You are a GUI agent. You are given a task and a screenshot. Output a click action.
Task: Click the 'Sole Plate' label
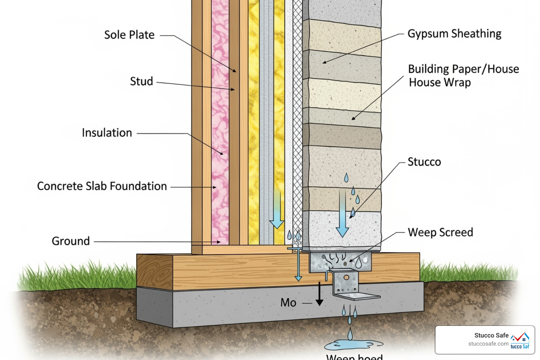[x=129, y=35]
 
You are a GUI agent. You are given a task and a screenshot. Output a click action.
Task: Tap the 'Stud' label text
[x=141, y=81]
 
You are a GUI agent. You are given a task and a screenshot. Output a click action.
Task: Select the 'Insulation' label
[x=107, y=133]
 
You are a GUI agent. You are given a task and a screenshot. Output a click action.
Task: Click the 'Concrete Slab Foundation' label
[x=102, y=186]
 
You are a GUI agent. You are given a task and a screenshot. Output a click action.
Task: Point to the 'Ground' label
[x=71, y=241]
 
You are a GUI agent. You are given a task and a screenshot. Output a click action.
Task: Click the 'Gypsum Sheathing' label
[x=454, y=34]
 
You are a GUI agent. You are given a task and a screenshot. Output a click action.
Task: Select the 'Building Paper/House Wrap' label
[x=463, y=76]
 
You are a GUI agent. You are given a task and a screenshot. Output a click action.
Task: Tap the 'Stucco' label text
[x=424, y=162]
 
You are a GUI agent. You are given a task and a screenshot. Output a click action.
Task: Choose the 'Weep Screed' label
[x=440, y=232]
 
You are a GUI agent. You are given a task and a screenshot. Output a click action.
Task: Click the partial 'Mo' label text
[x=288, y=303]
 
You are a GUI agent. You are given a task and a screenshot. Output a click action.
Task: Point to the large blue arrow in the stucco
[x=342, y=214]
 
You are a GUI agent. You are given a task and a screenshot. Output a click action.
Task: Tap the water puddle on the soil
[x=353, y=345]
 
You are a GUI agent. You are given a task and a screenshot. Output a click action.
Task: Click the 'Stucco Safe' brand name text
[x=491, y=335]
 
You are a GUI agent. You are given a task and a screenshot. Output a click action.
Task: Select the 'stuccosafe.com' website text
[x=488, y=344]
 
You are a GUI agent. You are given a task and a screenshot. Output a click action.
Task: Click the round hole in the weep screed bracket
[x=346, y=277]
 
